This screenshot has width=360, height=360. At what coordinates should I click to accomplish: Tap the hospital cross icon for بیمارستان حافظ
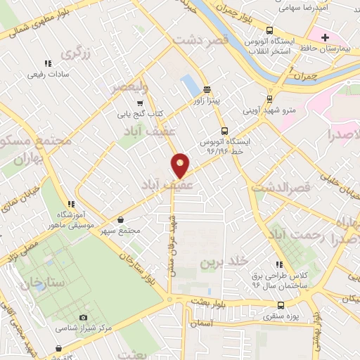[x=325, y=37]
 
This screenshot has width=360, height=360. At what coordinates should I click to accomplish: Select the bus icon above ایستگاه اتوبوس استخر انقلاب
[x=277, y=31]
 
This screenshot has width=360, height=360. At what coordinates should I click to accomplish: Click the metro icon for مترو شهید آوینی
[x=271, y=99]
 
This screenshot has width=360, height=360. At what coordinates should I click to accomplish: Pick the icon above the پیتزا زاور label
[x=207, y=89]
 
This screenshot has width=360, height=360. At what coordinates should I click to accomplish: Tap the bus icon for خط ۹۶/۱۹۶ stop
[x=224, y=130]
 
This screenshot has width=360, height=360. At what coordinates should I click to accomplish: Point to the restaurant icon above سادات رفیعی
[x=47, y=63]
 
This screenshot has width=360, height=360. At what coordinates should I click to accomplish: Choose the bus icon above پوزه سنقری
[x=281, y=305]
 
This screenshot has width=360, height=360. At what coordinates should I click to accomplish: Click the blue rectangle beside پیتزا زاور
[x=190, y=86]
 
